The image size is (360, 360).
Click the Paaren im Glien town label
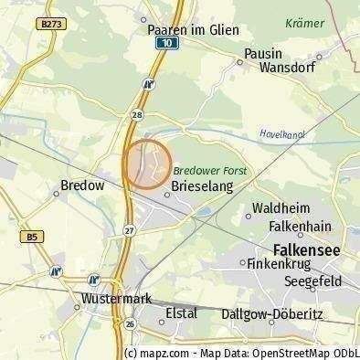click(193, 30)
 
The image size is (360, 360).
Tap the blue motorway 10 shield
click(164, 43)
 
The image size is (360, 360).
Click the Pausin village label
click(262, 54)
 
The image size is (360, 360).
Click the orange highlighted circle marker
click(147, 164)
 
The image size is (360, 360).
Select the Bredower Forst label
click(210, 170)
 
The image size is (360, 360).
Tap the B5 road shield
click(33, 237)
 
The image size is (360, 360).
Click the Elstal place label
click(181, 313)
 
